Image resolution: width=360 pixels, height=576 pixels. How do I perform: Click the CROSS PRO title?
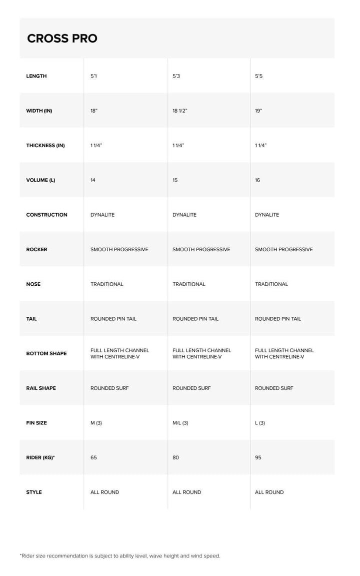[62, 39]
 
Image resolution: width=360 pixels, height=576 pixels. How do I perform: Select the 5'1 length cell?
[93, 76]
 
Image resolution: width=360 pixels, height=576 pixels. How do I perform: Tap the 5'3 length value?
[176, 76]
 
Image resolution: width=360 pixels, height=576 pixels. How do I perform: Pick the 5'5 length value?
[258, 76]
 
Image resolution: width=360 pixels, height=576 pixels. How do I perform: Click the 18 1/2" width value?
[179, 111]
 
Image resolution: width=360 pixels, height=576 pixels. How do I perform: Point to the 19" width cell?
[258, 111]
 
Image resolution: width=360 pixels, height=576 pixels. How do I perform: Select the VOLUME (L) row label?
[40, 180]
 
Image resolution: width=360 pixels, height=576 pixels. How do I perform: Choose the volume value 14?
[93, 180]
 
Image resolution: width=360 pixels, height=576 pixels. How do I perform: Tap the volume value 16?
[257, 180]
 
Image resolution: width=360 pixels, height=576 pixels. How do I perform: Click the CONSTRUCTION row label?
[46, 215]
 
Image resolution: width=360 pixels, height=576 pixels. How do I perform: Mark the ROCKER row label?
[36, 249]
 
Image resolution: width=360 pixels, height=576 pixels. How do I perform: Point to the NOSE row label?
[33, 284]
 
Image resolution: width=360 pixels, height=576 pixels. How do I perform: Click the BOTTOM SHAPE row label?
[46, 353]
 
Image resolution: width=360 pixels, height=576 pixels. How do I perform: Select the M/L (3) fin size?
[180, 423]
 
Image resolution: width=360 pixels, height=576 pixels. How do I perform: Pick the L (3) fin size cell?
[260, 423]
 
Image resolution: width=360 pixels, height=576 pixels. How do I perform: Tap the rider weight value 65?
[93, 457]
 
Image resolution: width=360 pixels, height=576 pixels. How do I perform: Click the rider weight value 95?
[258, 457]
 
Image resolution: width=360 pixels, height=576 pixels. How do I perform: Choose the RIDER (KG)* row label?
[40, 457]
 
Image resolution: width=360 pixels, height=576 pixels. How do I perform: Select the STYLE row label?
[34, 492]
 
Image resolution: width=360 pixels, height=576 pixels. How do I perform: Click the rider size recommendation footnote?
[120, 555]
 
